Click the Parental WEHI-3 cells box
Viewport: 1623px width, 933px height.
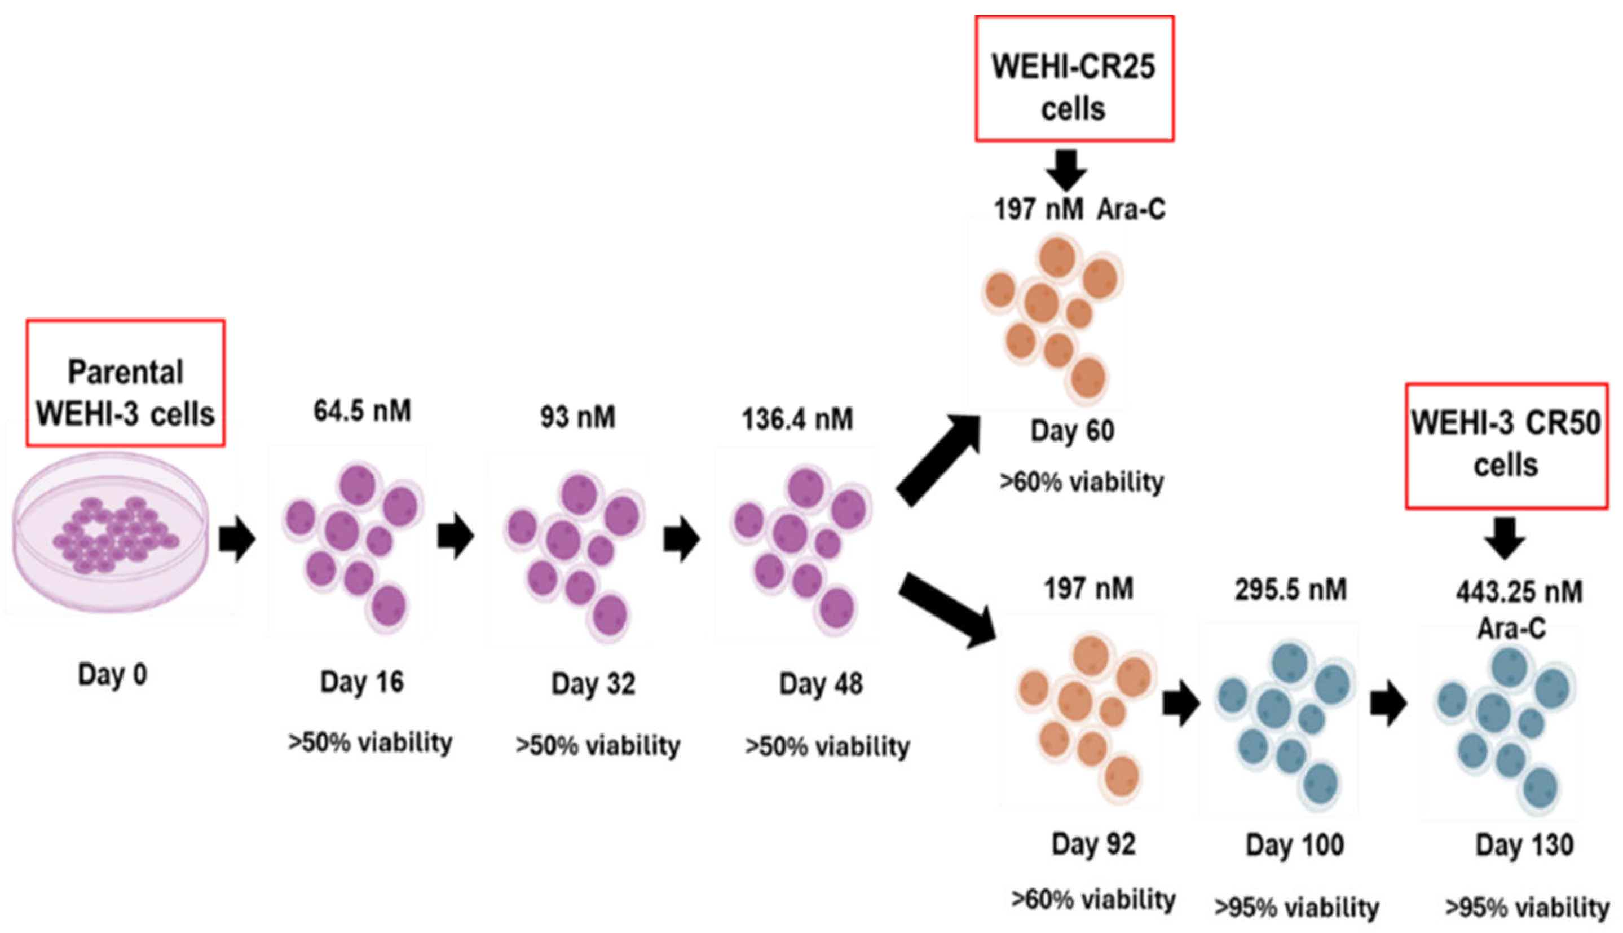point(126,383)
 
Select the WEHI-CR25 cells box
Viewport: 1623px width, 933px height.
point(1074,78)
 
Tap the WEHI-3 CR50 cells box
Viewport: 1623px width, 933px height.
point(1506,446)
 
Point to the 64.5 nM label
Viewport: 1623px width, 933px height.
point(362,412)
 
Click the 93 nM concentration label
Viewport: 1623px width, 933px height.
point(577,417)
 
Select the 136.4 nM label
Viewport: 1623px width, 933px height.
point(797,420)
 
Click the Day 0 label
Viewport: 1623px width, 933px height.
point(112,675)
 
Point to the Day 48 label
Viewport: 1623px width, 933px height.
point(821,684)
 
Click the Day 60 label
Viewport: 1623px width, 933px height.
point(1073,431)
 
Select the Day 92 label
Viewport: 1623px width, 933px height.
point(1093,844)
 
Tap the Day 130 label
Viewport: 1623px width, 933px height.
point(1524,846)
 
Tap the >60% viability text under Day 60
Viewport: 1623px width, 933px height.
point(1082,482)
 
